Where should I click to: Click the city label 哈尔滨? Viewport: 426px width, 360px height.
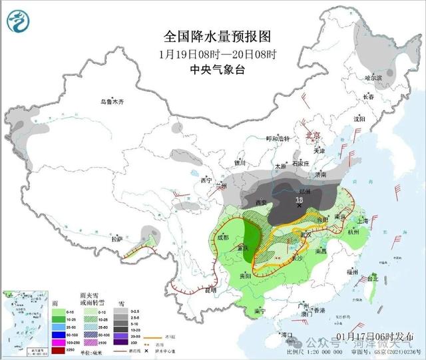(374, 78)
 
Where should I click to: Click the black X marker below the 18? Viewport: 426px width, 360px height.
(300, 206)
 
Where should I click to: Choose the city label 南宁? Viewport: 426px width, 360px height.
(260, 311)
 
